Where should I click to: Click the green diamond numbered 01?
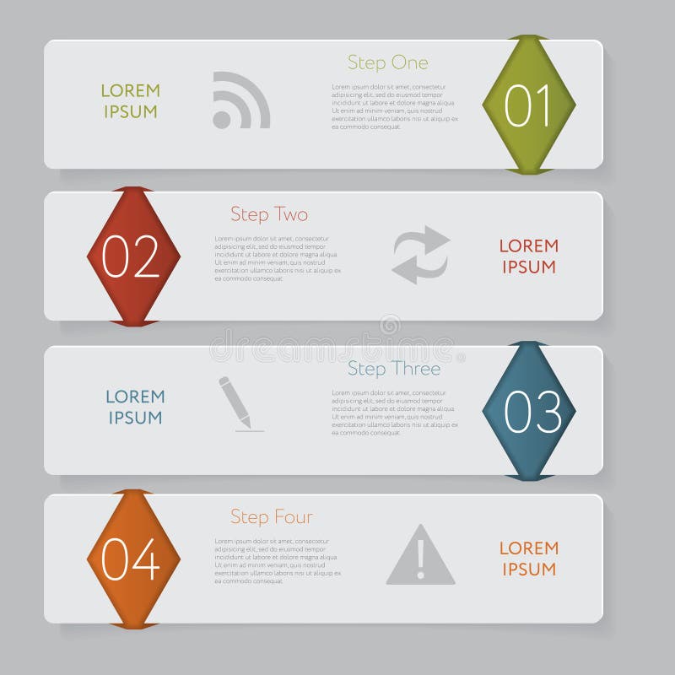pyautogui.click(x=529, y=105)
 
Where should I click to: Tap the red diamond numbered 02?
pyautogui.click(x=133, y=256)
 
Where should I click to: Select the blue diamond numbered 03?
pyautogui.click(x=529, y=411)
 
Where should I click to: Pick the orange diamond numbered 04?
pyautogui.click(x=133, y=559)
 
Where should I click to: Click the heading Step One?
pyautogui.click(x=387, y=62)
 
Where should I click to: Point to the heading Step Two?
pyautogui.click(x=269, y=214)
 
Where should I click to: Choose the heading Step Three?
pyautogui.click(x=393, y=369)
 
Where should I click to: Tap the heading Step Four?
pyautogui.click(x=271, y=516)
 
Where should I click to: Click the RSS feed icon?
pyautogui.click(x=240, y=100)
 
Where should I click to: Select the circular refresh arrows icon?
pyautogui.click(x=421, y=254)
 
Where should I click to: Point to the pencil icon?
pyautogui.click(x=237, y=403)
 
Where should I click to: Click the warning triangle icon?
pyautogui.click(x=420, y=556)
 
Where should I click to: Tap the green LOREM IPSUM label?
pyautogui.click(x=130, y=101)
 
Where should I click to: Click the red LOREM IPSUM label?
pyautogui.click(x=529, y=256)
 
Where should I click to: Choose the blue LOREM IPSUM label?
pyautogui.click(x=135, y=407)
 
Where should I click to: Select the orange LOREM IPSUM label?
pyautogui.click(x=529, y=559)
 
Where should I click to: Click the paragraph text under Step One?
pyautogui.click(x=394, y=106)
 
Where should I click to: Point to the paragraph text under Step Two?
pyautogui.click(x=277, y=258)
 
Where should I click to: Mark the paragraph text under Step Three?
pyautogui.click(x=394, y=413)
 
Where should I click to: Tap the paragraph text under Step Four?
pyautogui.click(x=277, y=561)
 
